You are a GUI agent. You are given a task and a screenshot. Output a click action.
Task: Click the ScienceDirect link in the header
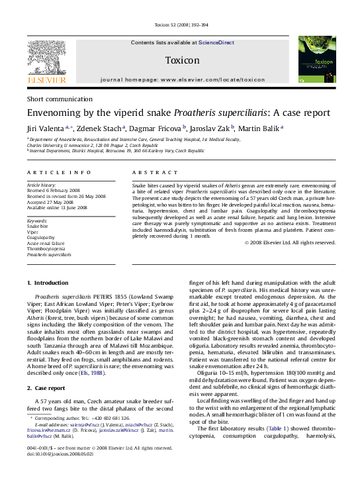(216, 42)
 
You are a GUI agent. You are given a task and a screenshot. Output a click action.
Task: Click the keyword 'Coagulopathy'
(42, 236)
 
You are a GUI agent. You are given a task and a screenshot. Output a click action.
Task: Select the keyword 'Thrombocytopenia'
(46, 248)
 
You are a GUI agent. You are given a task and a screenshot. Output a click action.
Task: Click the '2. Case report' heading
(50, 387)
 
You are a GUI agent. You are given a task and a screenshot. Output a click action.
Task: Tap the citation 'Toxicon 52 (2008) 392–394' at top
(181, 25)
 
